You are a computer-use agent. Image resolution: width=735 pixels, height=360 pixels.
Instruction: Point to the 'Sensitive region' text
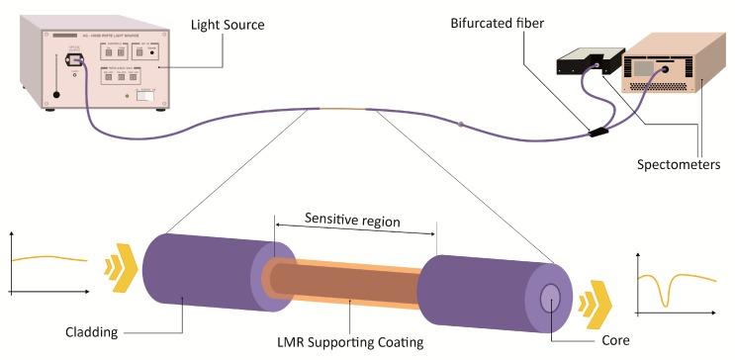pyautogui.click(x=352, y=220)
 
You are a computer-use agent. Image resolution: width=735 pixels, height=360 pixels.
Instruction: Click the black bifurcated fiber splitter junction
pyautogui.click(x=597, y=130)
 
